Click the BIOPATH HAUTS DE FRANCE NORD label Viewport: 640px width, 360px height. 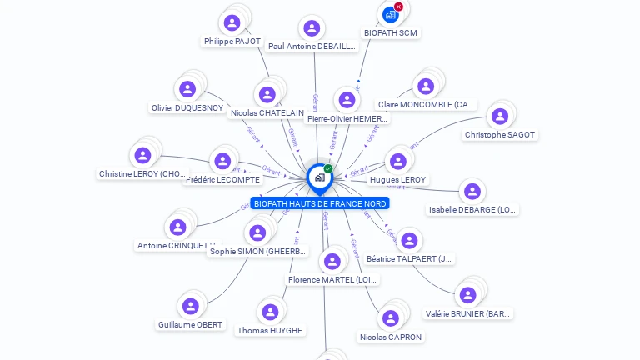click(x=320, y=203)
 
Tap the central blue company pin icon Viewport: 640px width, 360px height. click(x=319, y=177)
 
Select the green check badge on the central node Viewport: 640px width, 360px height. click(x=328, y=168)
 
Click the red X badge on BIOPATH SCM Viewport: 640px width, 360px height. click(x=398, y=7)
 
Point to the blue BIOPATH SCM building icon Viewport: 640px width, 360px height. click(x=390, y=15)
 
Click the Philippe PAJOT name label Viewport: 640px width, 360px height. click(x=232, y=41)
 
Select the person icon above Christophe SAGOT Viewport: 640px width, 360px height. click(x=500, y=117)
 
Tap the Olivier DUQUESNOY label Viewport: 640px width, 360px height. click(x=187, y=108)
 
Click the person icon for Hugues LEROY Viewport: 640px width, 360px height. click(x=398, y=162)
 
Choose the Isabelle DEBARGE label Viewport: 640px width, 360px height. click(x=472, y=210)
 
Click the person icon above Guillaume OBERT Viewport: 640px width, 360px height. click(x=191, y=307)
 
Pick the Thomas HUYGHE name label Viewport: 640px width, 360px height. click(x=270, y=331)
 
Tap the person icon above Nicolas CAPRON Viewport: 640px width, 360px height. click(x=391, y=319)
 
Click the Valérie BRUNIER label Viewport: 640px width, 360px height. click(x=468, y=314)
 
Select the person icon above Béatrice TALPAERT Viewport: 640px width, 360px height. click(x=409, y=241)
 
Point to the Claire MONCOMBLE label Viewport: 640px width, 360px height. click(x=427, y=105)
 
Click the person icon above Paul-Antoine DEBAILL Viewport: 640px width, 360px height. click(x=312, y=28)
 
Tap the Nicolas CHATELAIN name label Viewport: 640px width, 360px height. click(x=267, y=113)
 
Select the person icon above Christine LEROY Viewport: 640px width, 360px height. click(x=142, y=156)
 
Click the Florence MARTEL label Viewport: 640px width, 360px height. click(x=332, y=280)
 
